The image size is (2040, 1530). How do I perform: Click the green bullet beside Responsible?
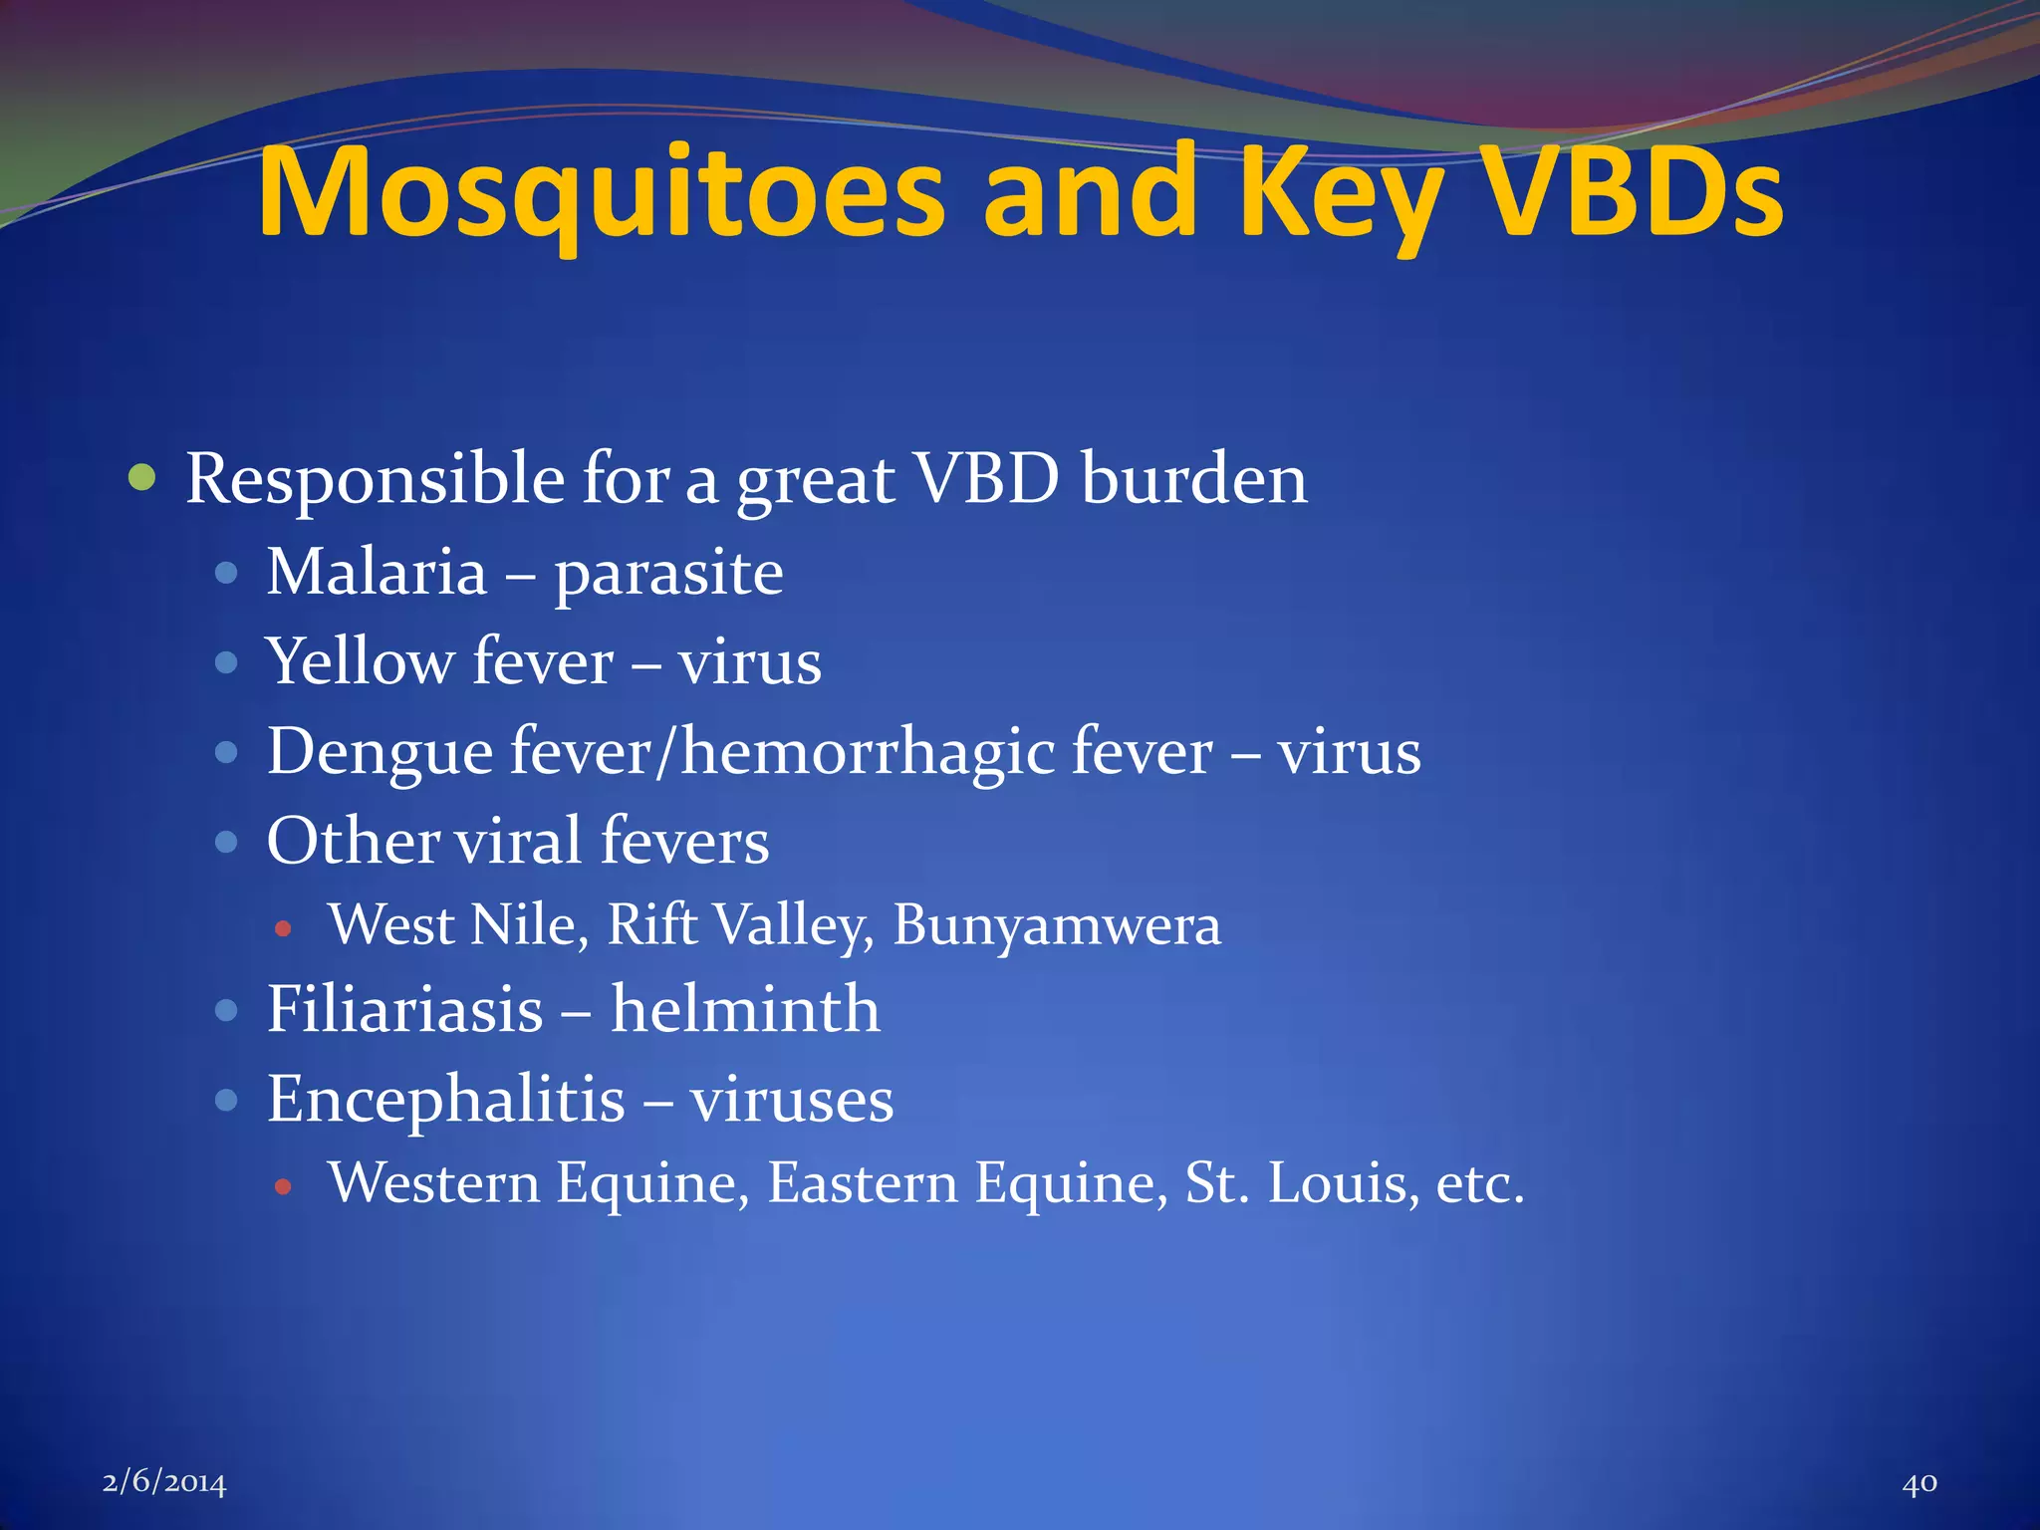(x=143, y=478)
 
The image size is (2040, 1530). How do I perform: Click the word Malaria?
(x=377, y=573)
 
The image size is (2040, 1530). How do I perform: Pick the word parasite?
(x=668, y=575)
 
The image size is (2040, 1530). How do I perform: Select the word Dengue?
(x=380, y=753)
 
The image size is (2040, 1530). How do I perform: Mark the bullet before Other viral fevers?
(x=227, y=842)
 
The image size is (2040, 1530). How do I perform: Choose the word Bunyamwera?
(x=1056, y=925)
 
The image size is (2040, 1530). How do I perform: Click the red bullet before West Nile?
(x=284, y=929)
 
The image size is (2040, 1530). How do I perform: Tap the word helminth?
(x=745, y=1009)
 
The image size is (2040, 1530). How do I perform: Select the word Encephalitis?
(x=446, y=1100)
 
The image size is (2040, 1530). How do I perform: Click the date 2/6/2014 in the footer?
(x=164, y=1483)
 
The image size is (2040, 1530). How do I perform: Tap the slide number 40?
(x=1919, y=1483)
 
